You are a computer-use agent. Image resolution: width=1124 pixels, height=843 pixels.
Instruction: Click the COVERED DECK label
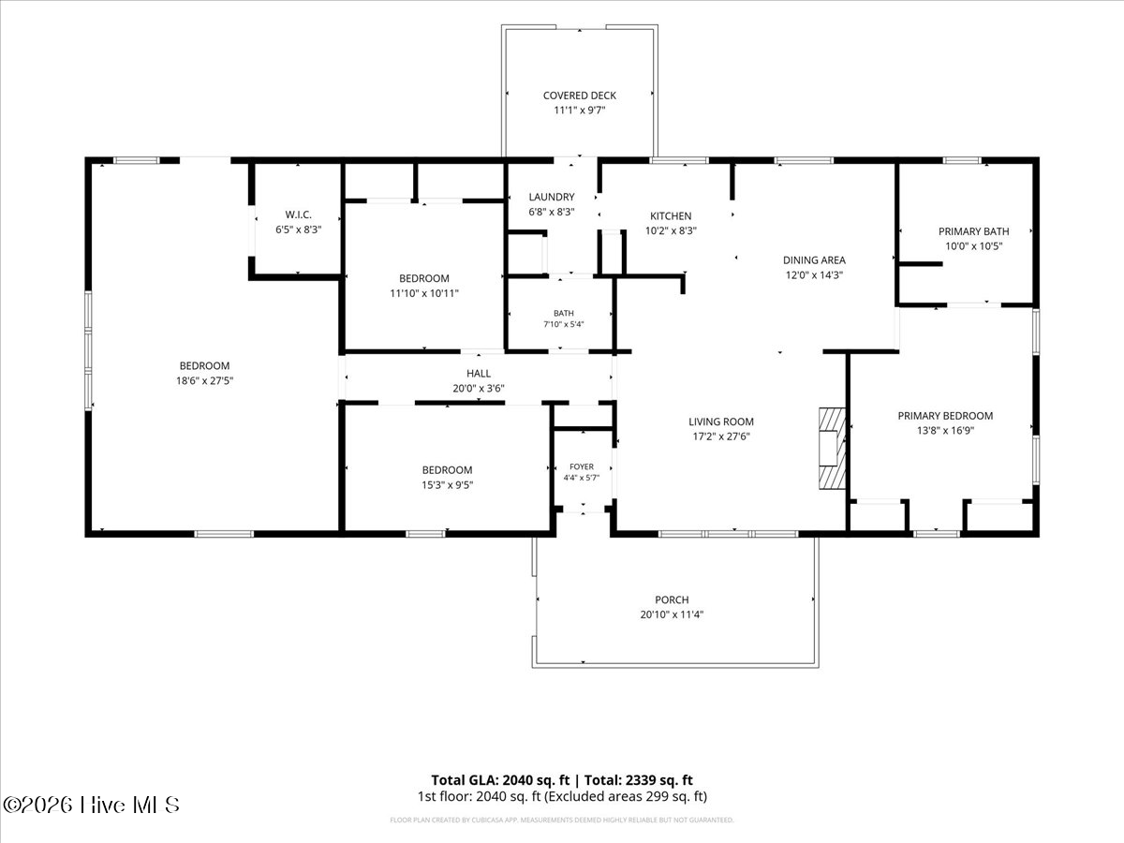coord(579,96)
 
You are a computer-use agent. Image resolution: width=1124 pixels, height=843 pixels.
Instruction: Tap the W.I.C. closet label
coord(298,214)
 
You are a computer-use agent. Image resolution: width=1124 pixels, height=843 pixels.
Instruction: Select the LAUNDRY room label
coord(552,197)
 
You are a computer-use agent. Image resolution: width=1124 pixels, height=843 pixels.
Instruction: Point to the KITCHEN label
coord(671,216)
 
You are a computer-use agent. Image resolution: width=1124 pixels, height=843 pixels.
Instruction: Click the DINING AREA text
coord(814,260)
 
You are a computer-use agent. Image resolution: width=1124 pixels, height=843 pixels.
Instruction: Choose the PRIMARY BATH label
coord(973,231)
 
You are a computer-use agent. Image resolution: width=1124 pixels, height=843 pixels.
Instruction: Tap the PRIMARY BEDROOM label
coord(945,416)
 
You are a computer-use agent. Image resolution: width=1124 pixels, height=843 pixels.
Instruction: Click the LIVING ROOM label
coord(721,421)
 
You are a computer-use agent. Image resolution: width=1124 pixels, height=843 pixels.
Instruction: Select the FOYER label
coord(582,466)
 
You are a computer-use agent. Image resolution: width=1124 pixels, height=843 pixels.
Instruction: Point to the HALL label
coord(479,374)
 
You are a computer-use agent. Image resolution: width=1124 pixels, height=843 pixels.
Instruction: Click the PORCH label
coord(672,599)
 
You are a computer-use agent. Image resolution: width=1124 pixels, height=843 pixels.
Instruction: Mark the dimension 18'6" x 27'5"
coord(205,381)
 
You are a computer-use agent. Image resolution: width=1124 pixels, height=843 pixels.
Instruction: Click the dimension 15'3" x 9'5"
coord(447,485)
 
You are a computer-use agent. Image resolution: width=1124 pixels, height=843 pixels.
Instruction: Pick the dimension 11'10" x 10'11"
coord(424,294)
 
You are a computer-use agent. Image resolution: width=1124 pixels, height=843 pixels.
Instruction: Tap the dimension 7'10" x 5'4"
coord(564,324)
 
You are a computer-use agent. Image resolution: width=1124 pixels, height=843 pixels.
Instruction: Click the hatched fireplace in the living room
coord(832,449)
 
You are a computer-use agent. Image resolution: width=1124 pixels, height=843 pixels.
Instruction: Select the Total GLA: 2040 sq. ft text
coord(500,780)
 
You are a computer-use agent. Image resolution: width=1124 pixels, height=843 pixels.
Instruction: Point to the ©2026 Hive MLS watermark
coord(91,806)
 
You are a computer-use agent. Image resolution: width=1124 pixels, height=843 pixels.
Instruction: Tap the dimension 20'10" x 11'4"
coord(672,614)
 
